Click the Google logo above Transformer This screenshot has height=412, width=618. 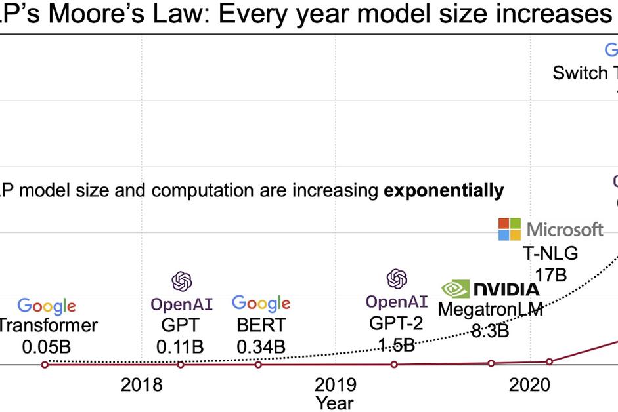pyautogui.click(x=47, y=306)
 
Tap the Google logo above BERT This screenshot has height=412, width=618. pyautogui.click(x=261, y=303)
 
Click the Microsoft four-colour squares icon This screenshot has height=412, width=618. pyautogui.click(x=510, y=230)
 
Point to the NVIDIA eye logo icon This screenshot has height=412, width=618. pyautogui.click(x=455, y=289)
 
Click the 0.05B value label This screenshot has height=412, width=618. pyautogui.click(x=47, y=346)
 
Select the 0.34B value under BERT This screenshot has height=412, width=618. pyautogui.click(x=261, y=346)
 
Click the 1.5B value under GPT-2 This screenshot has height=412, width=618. pyautogui.click(x=396, y=345)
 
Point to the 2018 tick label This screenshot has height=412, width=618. pyautogui.click(x=141, y=384)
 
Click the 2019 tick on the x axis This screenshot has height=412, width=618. pyautogui.click(x=336, y=384)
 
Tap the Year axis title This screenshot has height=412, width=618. pyautogui.click(x=334, y=402)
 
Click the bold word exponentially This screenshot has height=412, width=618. pyautogui.click(x=444, y=191)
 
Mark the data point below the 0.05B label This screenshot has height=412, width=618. pyautogui.click(x=45, y=364)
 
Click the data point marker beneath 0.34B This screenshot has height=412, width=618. pyautogui.click(x=259, y=364)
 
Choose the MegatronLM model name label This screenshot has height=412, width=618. pyautogui.click(x=490, y=309)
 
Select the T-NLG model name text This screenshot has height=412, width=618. pyautogui.click(x=550, y=253)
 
